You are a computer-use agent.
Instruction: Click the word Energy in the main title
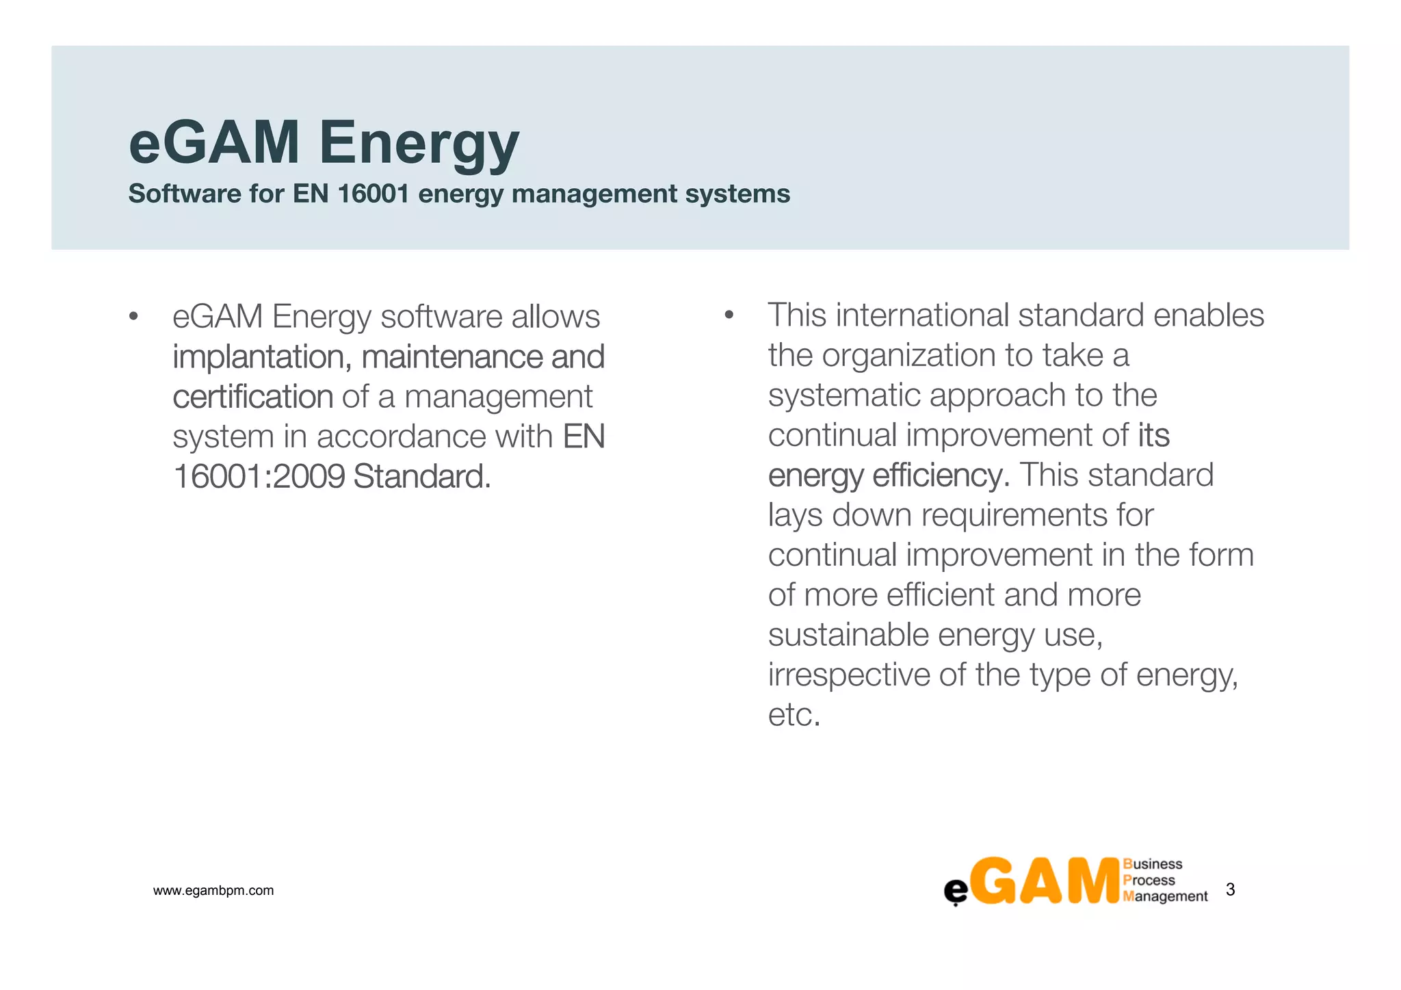click(419, 144)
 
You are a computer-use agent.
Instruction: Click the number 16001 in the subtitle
click(373, 194)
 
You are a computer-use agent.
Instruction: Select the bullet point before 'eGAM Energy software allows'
click(133, 317)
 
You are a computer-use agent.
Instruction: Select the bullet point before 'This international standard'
click(729, 315)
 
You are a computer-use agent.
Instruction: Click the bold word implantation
click(261, 357)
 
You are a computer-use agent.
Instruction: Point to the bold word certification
click(252, 397)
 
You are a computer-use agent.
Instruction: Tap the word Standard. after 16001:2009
click(422, 477)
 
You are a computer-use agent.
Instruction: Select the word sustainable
click(848, 635)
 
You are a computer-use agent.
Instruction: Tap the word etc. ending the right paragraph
click(794, 716)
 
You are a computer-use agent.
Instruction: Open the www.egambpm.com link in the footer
click(213, 891)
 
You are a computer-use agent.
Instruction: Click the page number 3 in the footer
click(1230, 889)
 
